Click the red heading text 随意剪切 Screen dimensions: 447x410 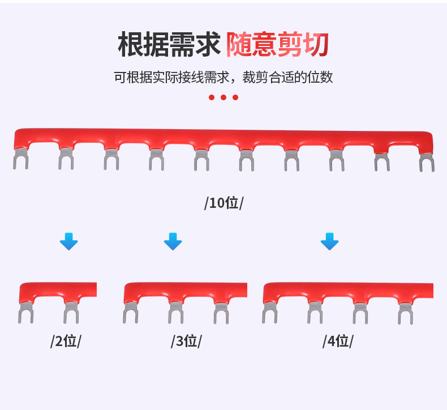click(x=277, y=45)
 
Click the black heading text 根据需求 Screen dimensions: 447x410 click(x=168, y=45)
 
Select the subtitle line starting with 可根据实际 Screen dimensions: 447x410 click(x=223, y=78)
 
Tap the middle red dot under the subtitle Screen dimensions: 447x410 click(x=223, y=97)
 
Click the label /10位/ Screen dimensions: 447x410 click(x=223, y=203)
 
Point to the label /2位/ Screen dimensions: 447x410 click(x=66, y=341)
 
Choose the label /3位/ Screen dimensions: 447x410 click(x=186, y=341)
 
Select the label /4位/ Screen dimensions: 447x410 click(x=338, y=341)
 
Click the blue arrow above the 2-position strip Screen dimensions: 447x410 click(x=69, y=242)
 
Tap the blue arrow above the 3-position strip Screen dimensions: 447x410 click(x=173, y=242)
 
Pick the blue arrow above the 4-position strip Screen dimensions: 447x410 click(x=329, y=242)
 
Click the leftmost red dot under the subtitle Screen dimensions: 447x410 click(x=212, y=97)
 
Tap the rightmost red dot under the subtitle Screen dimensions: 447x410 click(x=235, y=97)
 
